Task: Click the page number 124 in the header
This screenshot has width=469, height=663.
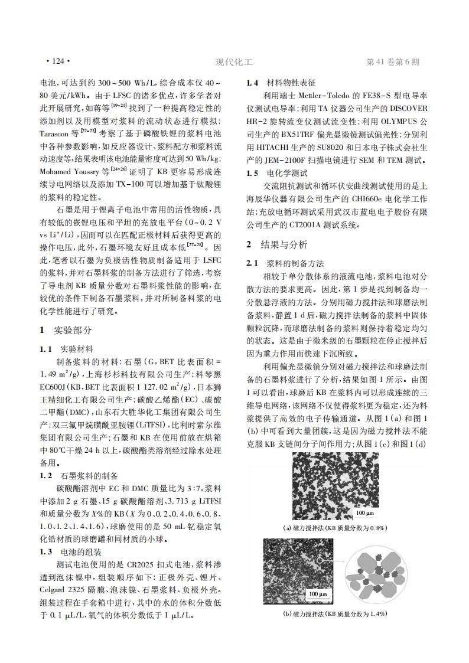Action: coord(58,61)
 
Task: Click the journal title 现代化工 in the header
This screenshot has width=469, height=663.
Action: coord(234,61)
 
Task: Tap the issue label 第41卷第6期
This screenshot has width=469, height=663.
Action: coord(393,61)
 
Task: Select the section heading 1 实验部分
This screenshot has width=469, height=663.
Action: coord(66,329)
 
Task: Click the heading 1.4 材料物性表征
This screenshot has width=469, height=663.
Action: coord(281,83)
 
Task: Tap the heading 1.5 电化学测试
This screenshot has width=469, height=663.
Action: coord(277,174)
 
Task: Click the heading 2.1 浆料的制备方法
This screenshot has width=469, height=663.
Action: coord(285,263)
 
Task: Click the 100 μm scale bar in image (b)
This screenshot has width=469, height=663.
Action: coord(318,593)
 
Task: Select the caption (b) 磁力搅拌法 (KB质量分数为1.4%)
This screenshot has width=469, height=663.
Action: coord(336,614)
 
